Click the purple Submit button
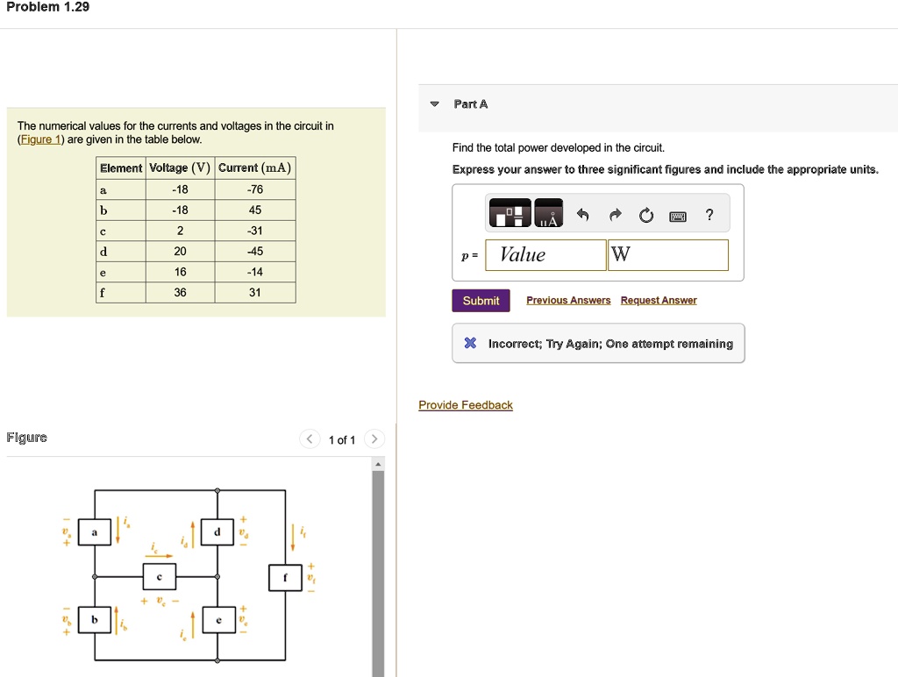pos(481,301)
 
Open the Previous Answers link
pos(568,301)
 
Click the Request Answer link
pos(659,301)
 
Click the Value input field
pos(545,255)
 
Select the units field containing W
pos(667,255)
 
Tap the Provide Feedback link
pos(466,405)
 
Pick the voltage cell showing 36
pos(180,293)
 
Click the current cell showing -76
pos(254,189)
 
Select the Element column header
pos(121,168)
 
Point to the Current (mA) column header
pos(254,168)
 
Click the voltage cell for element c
pos(180,231)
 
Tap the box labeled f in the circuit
pos(285,577)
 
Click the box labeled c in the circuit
pos(160,577)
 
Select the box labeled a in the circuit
pos(95,532)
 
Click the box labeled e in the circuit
pos(218,620)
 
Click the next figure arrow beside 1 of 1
pos(374,439)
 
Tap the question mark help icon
pos(709,216)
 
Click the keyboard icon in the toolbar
pos(678,216)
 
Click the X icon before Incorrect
pos(470,344)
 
